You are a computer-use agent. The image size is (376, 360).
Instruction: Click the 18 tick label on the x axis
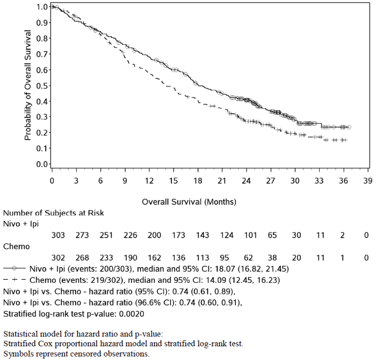point(197,180)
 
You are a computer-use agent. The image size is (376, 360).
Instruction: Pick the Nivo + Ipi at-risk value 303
point(58,236)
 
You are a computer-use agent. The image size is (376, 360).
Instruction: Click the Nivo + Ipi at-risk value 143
point(202,236)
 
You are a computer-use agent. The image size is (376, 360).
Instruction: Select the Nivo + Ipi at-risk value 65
point(272,236)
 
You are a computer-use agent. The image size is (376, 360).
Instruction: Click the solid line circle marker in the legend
point(15,269)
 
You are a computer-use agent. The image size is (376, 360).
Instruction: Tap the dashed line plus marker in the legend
point(15,279)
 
